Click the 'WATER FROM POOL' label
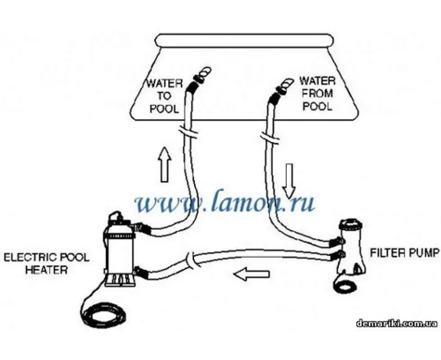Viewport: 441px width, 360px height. [x=317, y=94]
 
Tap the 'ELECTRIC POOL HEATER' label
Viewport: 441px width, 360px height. [x=46, y=264]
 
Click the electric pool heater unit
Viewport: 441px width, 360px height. [x=119, y=252]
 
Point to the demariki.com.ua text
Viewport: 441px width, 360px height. [x=396, y=323]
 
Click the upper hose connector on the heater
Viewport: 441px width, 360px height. [x=140, y=228]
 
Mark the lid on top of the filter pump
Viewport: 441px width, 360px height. [x=352, y=223]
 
